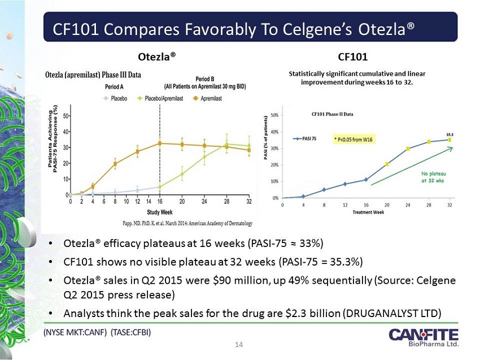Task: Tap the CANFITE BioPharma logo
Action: pos(424,337)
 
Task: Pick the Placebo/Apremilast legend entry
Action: pos(162,98)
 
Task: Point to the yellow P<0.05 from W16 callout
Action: pos(354,139)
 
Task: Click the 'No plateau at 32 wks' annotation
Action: pos(433,177)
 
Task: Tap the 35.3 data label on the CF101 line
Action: pos(450,135)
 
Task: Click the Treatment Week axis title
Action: pos(369,211)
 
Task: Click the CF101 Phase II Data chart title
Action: pos(332,114)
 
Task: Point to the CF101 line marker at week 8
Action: pos(324,189)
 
